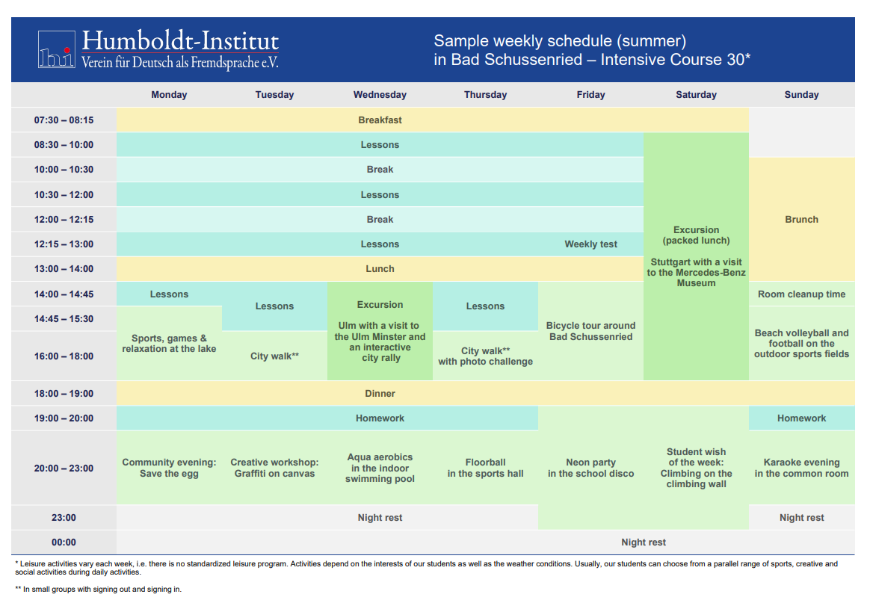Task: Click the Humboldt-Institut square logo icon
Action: click(57, 49)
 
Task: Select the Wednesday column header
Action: click(380, 95)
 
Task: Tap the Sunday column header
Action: click(801, 95)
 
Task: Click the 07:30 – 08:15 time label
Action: click(64, 120)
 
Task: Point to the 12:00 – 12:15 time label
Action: click(64, 219)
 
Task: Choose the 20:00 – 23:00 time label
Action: click(64, 469)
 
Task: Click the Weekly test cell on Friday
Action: click(591, 244)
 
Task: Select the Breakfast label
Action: click(380, 120)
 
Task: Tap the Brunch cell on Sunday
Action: click(801, 219)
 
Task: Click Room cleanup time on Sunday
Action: click(801, 294)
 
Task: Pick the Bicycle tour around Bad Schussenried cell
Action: click(591, 331)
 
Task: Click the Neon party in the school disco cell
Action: click(591, 468)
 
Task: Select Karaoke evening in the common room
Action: click(801, 468)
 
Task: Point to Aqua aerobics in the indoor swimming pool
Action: click(380, 468)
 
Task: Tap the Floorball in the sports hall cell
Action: click(486, 468)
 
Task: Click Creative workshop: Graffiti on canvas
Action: click(274, 468)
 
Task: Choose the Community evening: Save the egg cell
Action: click(169, 468)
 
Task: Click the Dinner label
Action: click(380, 393)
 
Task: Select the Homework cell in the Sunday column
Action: click(801, 418)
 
